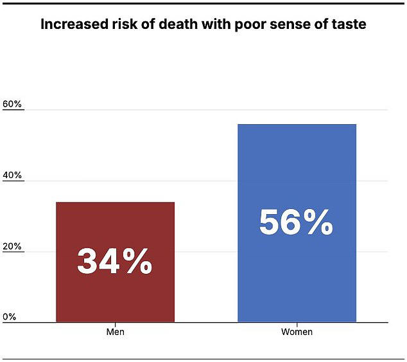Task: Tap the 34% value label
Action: tap(115, 262)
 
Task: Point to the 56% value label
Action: tap(296, 222)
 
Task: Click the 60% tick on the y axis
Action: tap(12, 104)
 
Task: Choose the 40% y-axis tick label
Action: tap(12, 176)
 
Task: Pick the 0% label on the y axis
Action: tap(10, 317)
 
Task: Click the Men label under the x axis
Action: tap(115, 332)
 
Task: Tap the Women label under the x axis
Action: tap(297, 332)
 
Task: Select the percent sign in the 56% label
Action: tap(319, 222)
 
